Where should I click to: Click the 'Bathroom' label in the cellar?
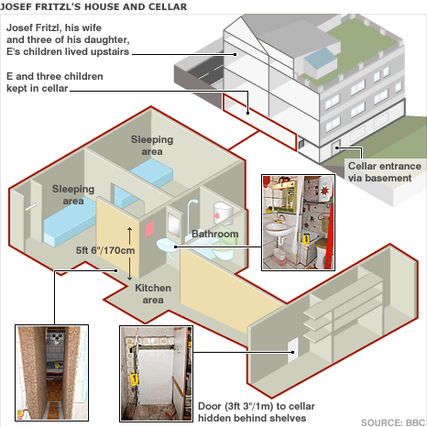pos(215,234)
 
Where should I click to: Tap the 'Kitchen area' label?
pos(153,294)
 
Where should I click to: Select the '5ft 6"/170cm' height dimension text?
pos(105,250)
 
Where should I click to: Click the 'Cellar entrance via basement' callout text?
pos(385,172)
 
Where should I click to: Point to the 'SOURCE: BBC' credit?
pos(393,422)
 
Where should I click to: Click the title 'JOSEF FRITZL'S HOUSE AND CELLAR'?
pos(93,6)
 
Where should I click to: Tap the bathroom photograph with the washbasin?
pos(298,223)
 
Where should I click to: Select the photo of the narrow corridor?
pos(52,373)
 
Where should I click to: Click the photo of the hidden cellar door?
pos(156,374)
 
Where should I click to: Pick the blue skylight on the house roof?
pos(320,60)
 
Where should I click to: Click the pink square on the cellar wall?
pos(149,228)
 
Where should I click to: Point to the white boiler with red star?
pos(224,213)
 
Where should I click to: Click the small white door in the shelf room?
pos(293,350)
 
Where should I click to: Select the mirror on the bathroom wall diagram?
pos(174,224)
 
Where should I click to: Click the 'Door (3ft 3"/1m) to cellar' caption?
pos(257,406)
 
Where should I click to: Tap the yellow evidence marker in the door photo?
pos(134,379)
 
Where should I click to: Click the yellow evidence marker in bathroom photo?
pos(306,238)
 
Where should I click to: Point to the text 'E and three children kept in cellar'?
pos(55,82)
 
